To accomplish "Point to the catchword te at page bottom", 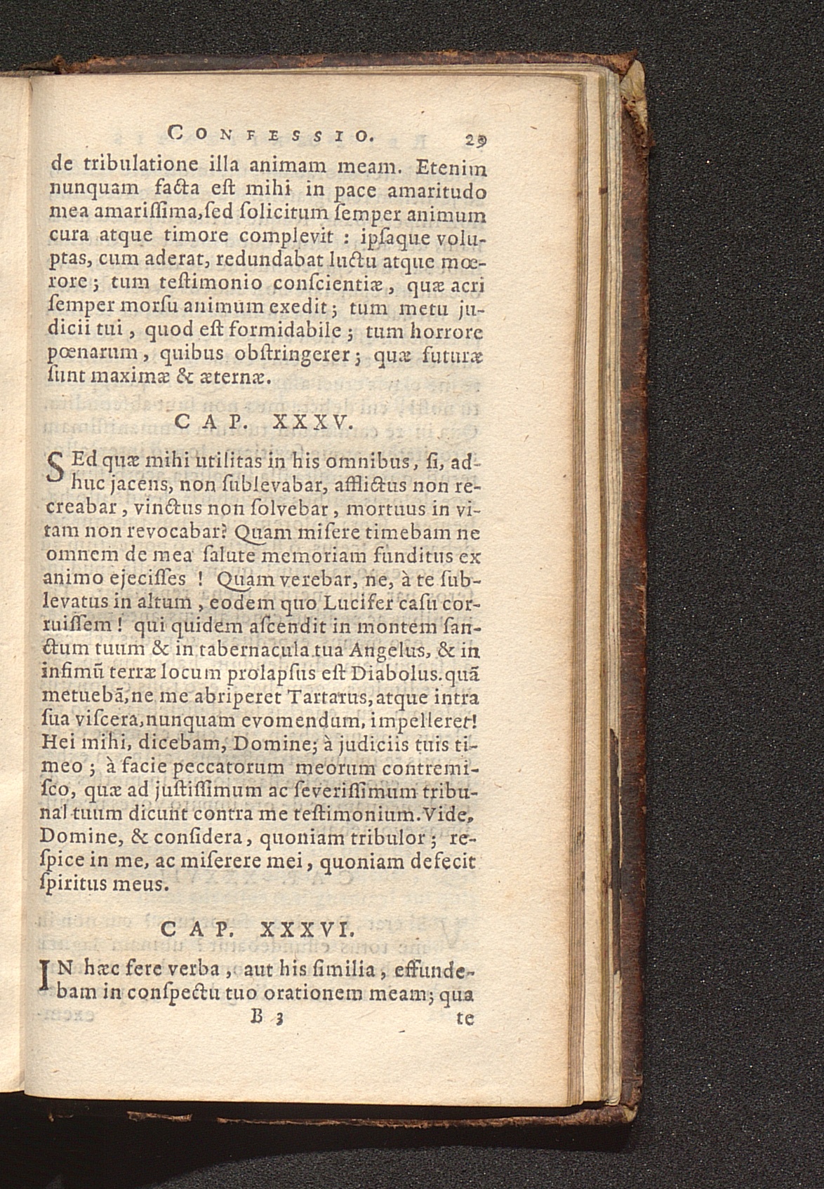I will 465,1018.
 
